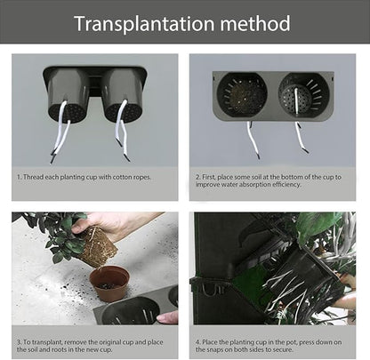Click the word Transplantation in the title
(x=144, y=24)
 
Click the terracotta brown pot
(x=109, y=284)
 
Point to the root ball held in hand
(x=97, y=246)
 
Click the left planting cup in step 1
(x=68, y=96)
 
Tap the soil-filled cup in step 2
(x=242, y=94)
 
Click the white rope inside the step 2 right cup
(x=296, y=100)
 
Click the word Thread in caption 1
(x=32, y=177)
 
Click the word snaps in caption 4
(x=215, y=349)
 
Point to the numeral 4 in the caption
(x=197, y=342)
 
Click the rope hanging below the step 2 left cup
(x=253, y=140)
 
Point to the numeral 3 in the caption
(x=19, y=342)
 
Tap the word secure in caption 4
(x=284, y=349)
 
